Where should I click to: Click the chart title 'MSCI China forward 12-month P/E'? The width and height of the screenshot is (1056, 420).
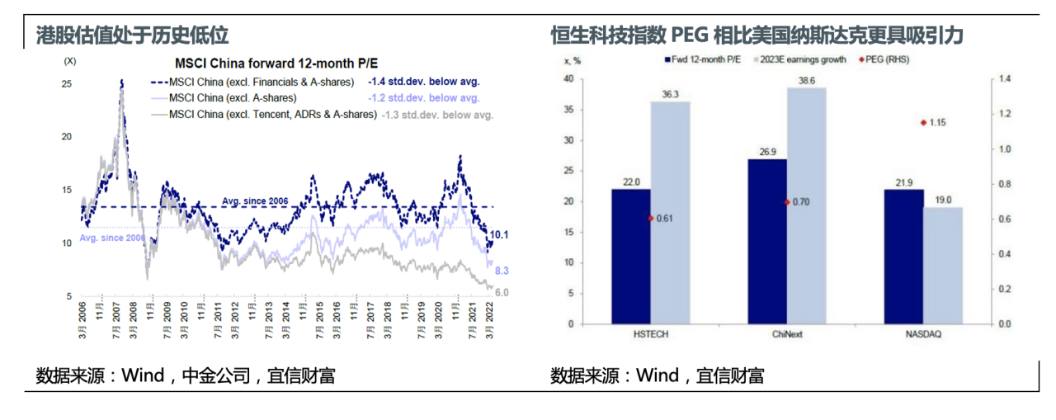(x=276, y=64)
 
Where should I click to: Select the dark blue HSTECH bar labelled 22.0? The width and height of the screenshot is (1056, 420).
(x=630, y=256)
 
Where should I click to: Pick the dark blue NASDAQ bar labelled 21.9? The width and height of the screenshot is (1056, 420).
(x=903, y=256)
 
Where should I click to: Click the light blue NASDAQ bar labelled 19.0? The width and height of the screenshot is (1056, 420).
(x=942, y=265)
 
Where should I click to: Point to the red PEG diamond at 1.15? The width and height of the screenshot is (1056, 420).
(x=922, y=123)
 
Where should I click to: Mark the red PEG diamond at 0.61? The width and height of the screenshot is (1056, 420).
(x=650, y=218)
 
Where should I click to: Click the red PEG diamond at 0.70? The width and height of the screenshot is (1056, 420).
(x=787, y=201)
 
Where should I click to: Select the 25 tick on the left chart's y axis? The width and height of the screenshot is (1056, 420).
(x=67, y=84)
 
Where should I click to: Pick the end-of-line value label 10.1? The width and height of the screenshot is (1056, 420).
(x=501, y=235)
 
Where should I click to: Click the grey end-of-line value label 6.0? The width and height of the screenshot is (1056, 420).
(x=501, y=292)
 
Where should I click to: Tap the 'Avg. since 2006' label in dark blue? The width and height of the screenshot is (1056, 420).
(x=254, y=201)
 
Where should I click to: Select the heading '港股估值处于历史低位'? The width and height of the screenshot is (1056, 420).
(x=133, y=35)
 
